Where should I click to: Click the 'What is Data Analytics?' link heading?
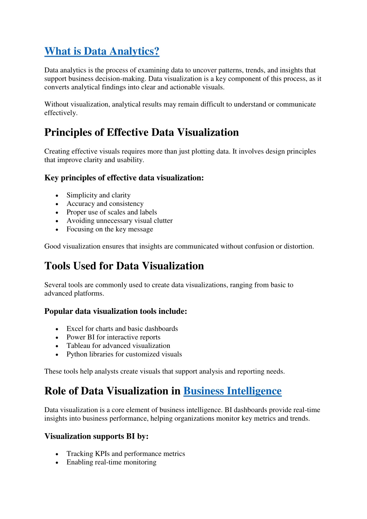tap(102, 51)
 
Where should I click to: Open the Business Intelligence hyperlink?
tap(232, 391)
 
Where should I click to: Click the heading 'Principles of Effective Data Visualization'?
tap(141, 132)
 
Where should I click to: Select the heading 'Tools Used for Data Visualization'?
tap(124, 266)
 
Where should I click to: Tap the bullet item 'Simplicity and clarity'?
tap(98, 195)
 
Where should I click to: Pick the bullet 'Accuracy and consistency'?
tap(105, 204)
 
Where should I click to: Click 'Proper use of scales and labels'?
tap(112, 212)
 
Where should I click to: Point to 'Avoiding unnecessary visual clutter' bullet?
tap(119, 221)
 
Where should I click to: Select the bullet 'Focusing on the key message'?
tap(110, 229)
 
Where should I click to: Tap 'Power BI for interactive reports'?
tap(113, 337)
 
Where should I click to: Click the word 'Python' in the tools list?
tap(77, 354)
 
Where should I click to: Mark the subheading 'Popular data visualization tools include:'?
tap(116, 311)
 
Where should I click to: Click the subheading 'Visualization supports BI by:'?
tap(97, 436)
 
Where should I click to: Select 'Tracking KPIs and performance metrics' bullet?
tap(126, 454)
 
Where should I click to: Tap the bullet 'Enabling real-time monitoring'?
tap(111, 462)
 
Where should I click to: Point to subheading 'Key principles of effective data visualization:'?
tap(124, 178)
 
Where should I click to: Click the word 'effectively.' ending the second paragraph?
tap(61, 113)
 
